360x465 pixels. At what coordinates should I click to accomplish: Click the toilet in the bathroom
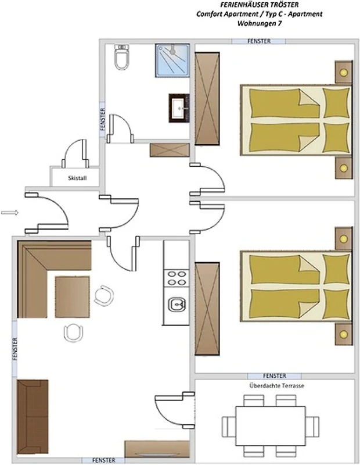[122, 57]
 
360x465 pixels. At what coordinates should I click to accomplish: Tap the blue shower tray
[172, 60]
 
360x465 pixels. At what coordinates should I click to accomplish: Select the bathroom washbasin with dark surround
[179, 108]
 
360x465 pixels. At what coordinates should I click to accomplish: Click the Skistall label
[77, 178]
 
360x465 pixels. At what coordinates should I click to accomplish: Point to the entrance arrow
[10, 212]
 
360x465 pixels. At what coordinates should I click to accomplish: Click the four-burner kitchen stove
[177, 278]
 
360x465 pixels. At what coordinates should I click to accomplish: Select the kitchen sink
[177, 305]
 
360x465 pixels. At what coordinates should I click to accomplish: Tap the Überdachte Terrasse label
[277, 386]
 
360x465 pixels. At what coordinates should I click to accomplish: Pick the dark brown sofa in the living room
[33, 417]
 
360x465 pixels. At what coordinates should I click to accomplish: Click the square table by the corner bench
[73, 297]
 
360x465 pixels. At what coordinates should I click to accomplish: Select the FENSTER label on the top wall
[259, 41]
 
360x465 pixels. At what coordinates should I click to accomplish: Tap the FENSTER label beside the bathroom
[103, 119]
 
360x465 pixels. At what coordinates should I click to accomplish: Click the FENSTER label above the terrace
[275, 375]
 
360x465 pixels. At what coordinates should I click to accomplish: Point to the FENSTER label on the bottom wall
[104, 460]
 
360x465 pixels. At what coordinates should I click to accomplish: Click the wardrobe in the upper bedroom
[207, 98]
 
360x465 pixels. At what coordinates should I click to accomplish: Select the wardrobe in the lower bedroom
[207, 309]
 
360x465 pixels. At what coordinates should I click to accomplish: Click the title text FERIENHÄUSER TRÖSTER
[260, 5]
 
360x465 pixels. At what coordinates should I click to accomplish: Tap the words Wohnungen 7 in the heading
[260, 23]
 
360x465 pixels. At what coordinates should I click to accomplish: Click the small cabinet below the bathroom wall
[170, 150]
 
